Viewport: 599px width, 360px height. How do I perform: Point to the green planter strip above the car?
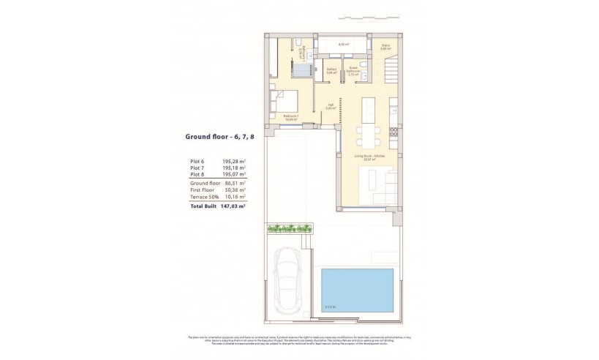pyautogui.click(x=289, y=228)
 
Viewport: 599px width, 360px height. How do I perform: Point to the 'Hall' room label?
pyautogui.click(x=330, y=106)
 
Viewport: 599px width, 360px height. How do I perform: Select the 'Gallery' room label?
pyautogui.click(x=331, y=71)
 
